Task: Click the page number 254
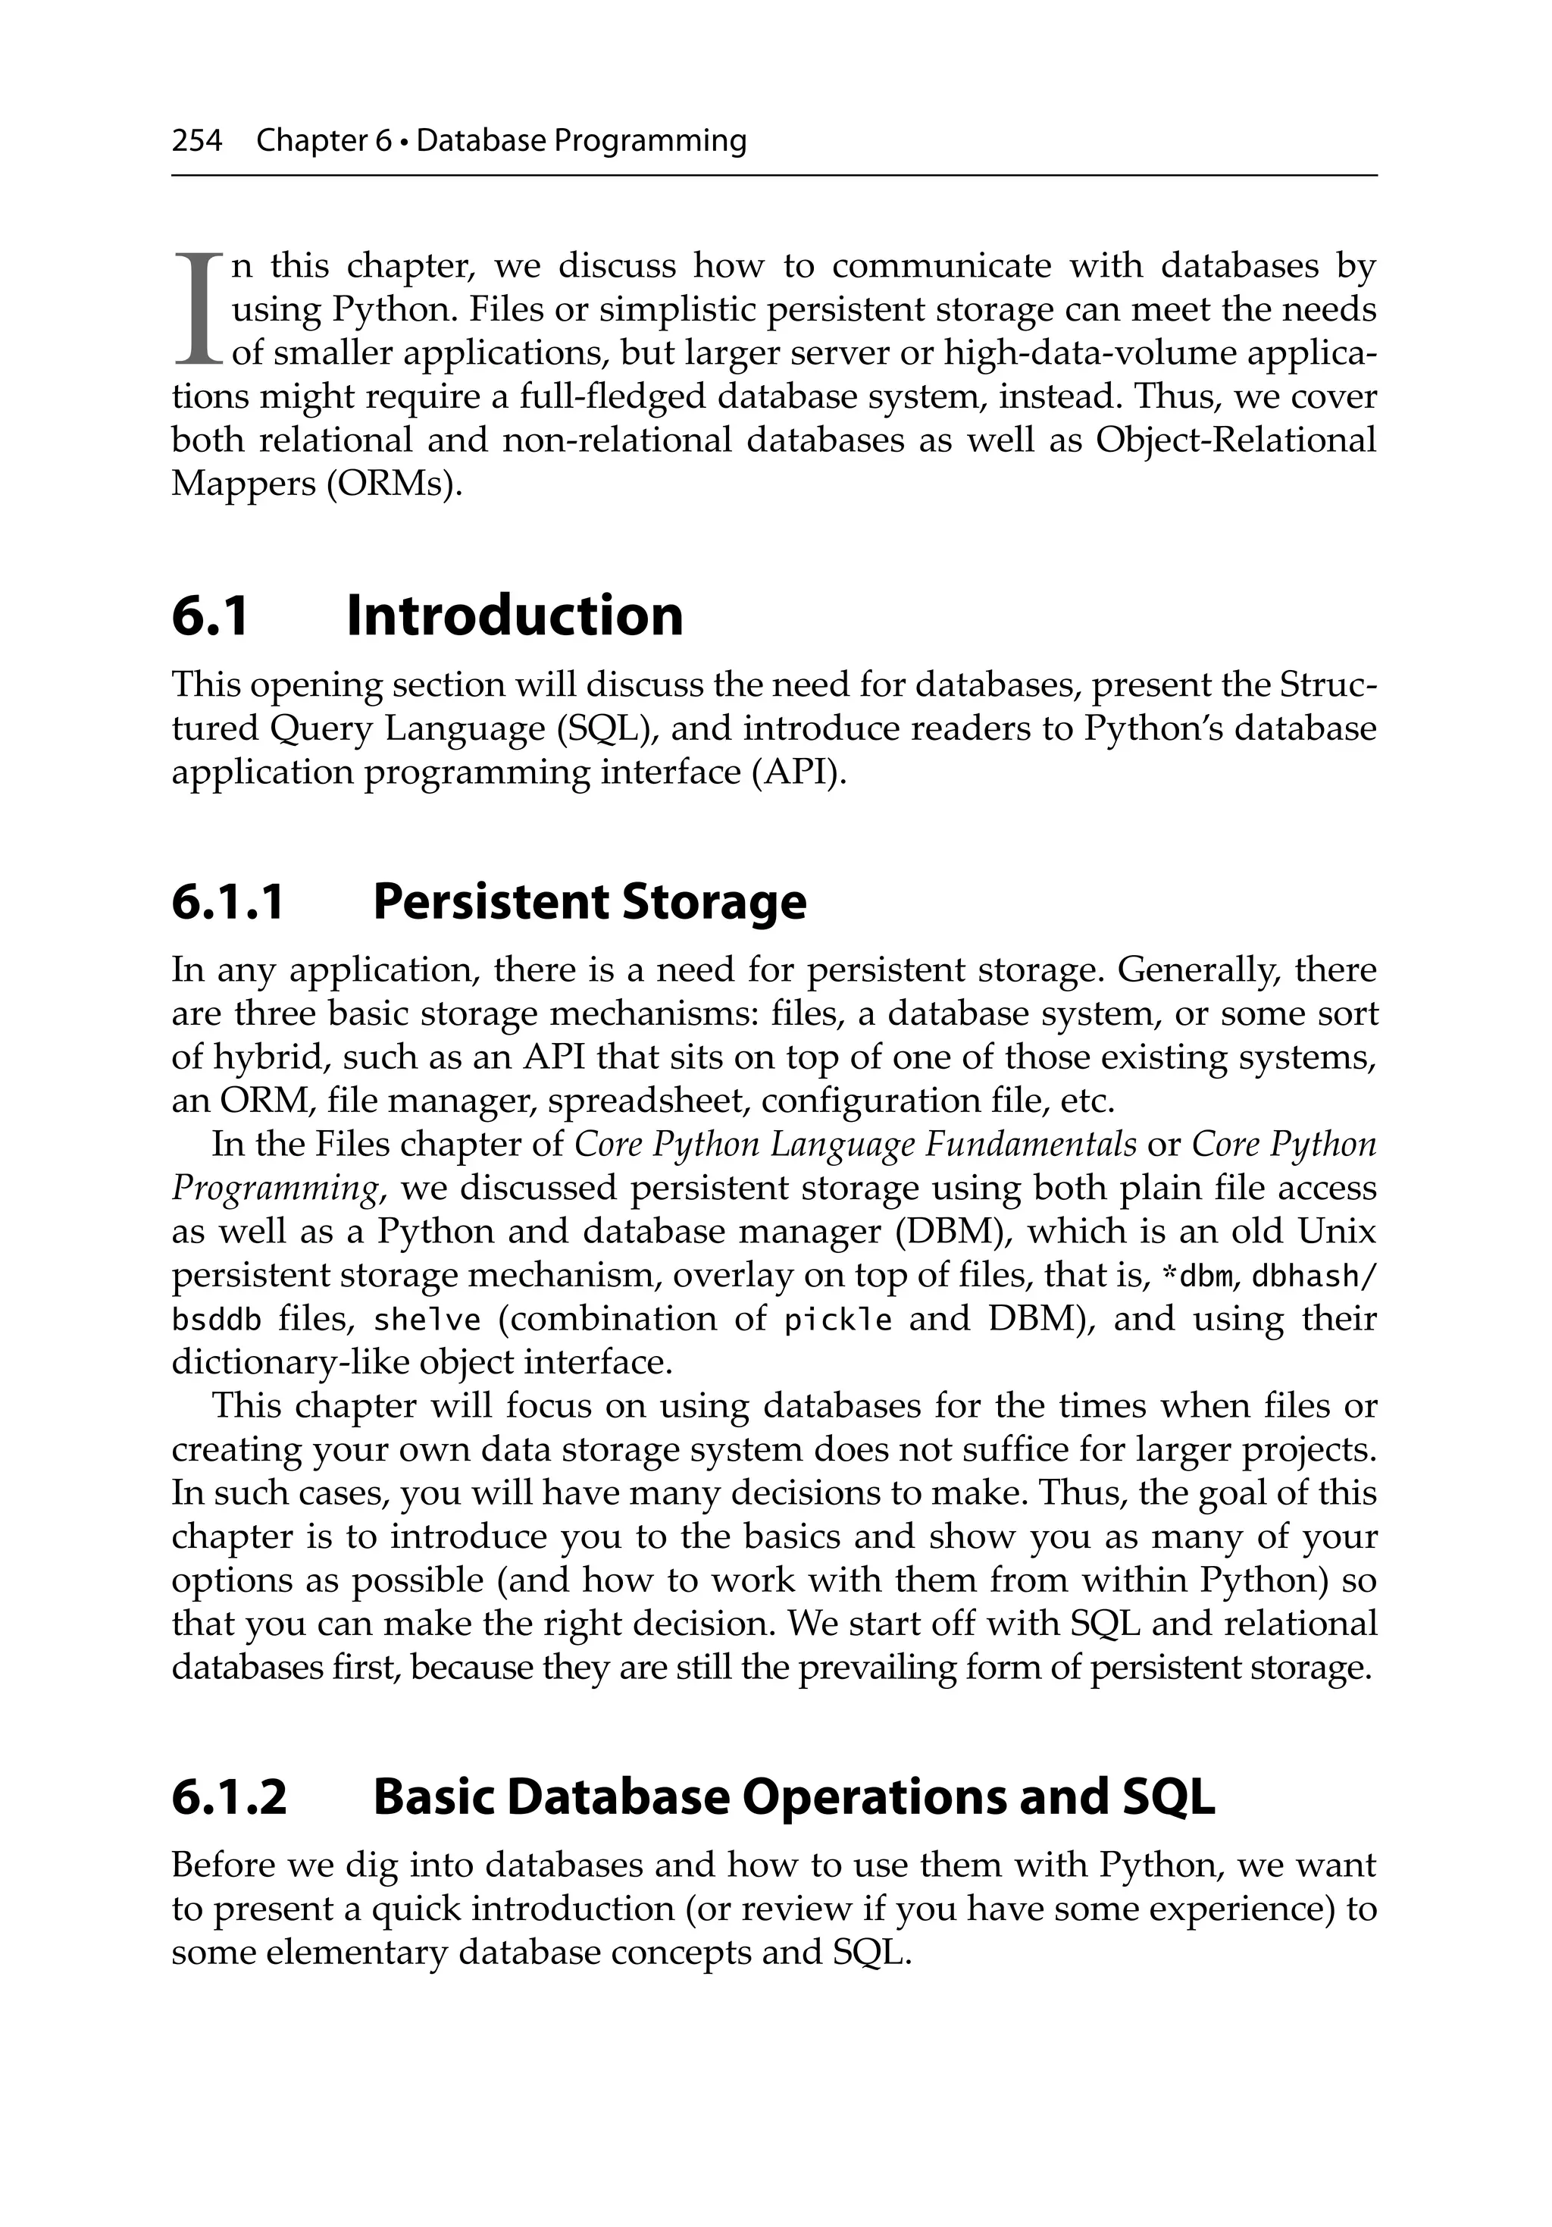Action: pyautogui.click(x=197, y=142)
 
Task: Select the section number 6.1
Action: pyautogui.click(x=211, y=616)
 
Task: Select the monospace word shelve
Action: pyautogui.click(x=427, y=1320)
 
